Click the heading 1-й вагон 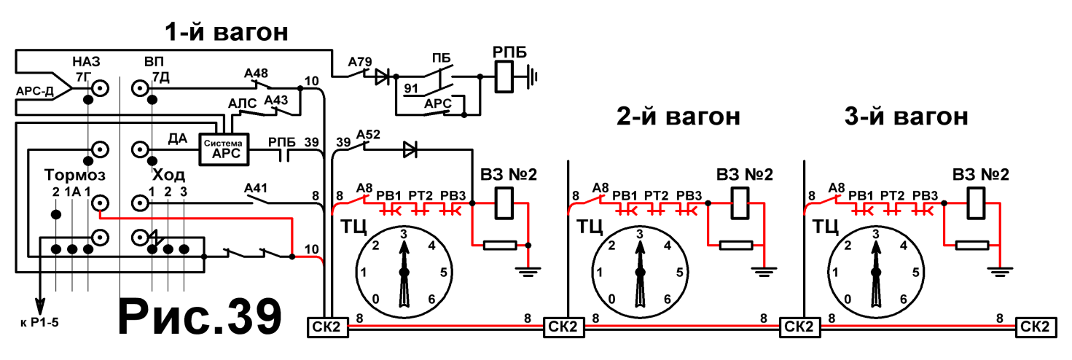tap(227, 32)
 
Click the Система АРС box tap(224, 149)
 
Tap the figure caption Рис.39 tap(200, 317)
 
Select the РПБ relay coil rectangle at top tap(504, 76)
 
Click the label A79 tap(360, 62)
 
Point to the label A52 tap(368, 135)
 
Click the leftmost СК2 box tap(327, 327)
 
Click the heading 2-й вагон tap(678, 117)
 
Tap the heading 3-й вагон tap(906, 117)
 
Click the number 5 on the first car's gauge tap(444, 273)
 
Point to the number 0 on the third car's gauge tap(848, 300)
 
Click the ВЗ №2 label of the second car tap(745, 175)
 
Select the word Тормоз tap(74, 175)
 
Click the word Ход tap(168, 175)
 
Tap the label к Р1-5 tap(40, 323)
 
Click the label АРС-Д tap(34, 91)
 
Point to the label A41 tap(256, 188)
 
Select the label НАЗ tap(86, 62)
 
